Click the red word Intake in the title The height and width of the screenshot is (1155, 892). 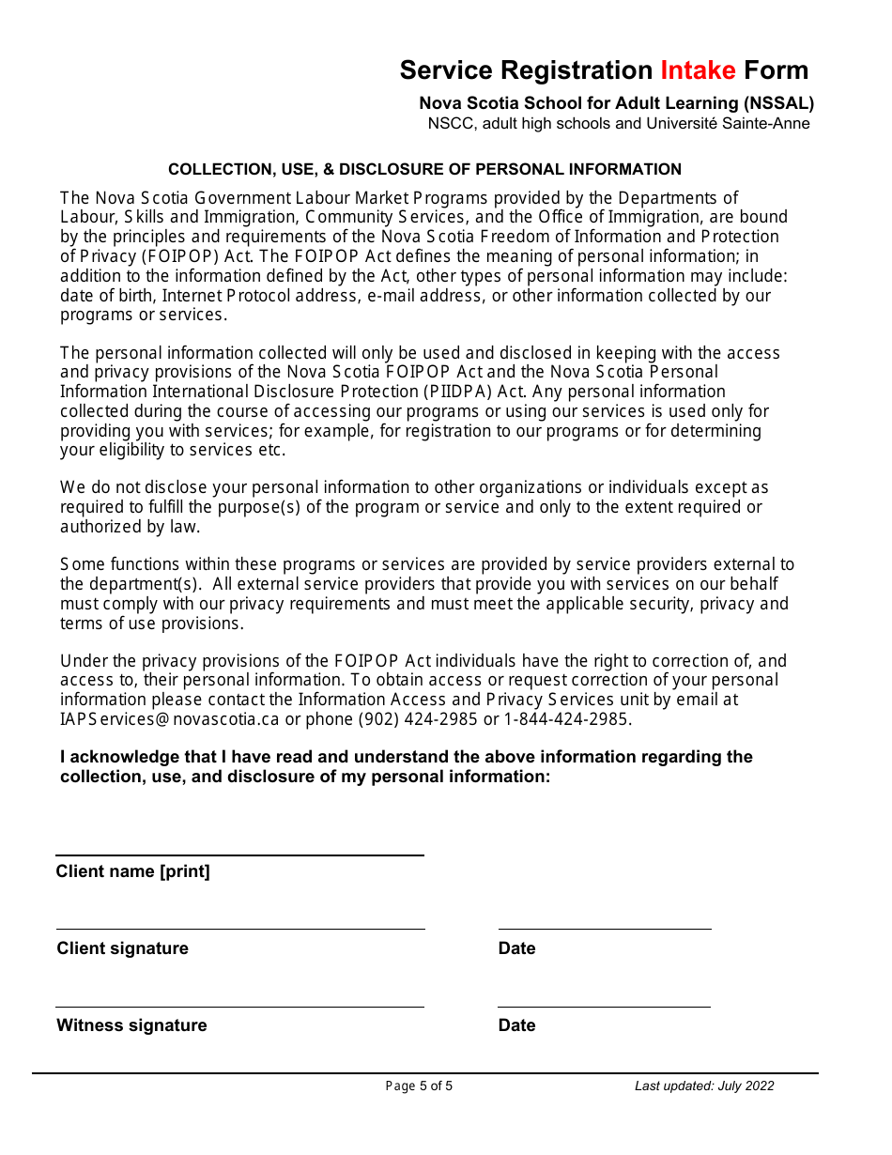(x=698, y=70)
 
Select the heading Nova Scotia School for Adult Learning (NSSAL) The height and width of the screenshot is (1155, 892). (x=616, y=103)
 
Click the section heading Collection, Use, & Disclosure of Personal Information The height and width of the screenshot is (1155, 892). (x=424, y=170)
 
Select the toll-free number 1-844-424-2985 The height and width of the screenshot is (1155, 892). (x=568, y=719)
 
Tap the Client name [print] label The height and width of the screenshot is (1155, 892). (x=132, y=871)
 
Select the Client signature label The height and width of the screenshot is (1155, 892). (x=122, y=948)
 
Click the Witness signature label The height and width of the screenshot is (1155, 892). (x=131, y=1025)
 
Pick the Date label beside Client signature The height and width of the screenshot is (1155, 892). (x=516, y=948)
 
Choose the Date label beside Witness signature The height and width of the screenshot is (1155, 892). (x=516, y=1025)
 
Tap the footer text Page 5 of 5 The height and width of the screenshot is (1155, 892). (x=419, y=1086)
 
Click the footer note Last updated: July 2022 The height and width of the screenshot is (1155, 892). (x=704, y=1086)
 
